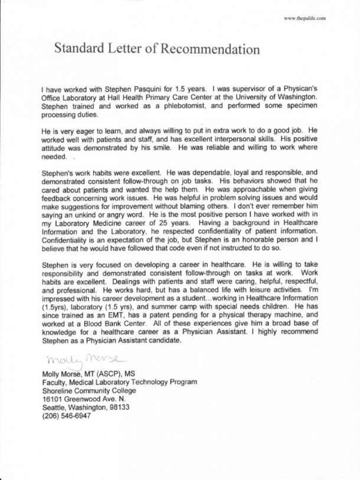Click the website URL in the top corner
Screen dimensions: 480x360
tap(305, 19)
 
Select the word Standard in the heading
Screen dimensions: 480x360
tap(79, 50)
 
